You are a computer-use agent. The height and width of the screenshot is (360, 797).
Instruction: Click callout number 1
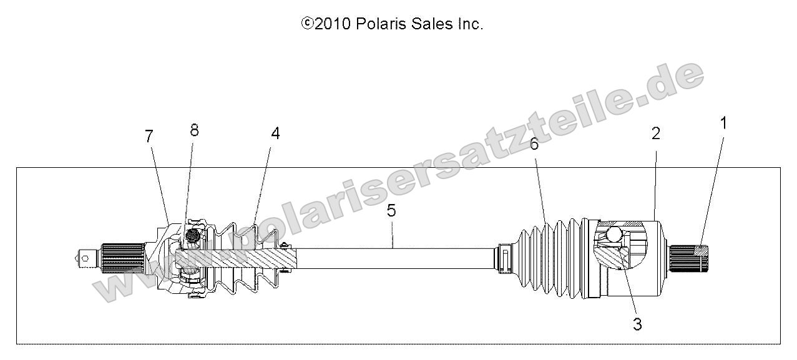click(x=724, y=124)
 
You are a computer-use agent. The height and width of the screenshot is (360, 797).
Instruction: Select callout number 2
click(x=656, y=134)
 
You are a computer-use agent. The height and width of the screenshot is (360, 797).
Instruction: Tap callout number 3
click(x=637, y=324)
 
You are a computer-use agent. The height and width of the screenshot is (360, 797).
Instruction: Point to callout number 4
click(x=275, y=134)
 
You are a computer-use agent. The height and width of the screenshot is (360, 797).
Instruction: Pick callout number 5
click(x=391, y=211)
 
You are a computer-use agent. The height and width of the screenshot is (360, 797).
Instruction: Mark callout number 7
click(x=149, y=137)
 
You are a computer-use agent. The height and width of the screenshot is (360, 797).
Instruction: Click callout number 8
click(x=194, y=130)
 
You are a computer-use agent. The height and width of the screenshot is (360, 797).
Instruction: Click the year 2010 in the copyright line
click(x=333, y=24)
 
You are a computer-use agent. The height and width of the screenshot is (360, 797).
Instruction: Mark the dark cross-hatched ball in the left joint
click(x=192, y=236)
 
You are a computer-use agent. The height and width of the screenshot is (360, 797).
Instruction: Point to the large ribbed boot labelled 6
click(x=549, y=257)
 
